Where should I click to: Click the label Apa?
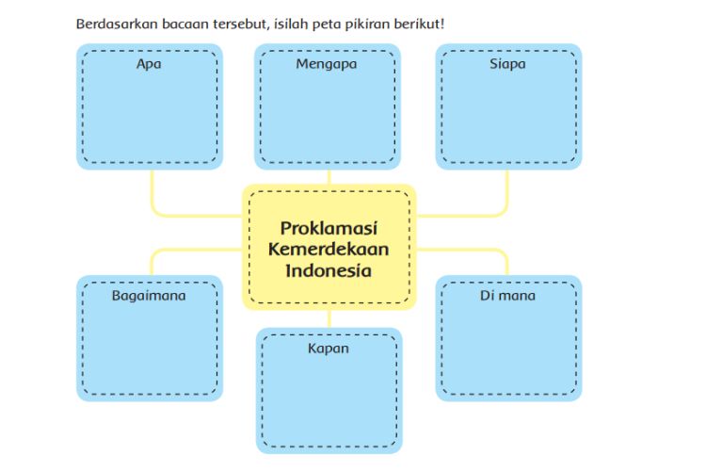(149, 64)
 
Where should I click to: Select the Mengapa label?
(327, 64)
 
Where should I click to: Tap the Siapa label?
(507, 64)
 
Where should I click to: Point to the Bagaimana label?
(149, 296)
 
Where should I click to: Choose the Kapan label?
(329, 349)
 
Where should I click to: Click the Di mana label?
(507, 296)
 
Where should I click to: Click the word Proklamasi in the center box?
(329, 228)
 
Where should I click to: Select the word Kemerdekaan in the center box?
(329, 250)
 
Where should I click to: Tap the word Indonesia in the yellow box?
(329, 270)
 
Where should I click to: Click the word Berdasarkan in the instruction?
(117, 24)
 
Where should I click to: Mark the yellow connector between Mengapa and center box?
(329, 177)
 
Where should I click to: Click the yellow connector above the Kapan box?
(329, 318)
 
